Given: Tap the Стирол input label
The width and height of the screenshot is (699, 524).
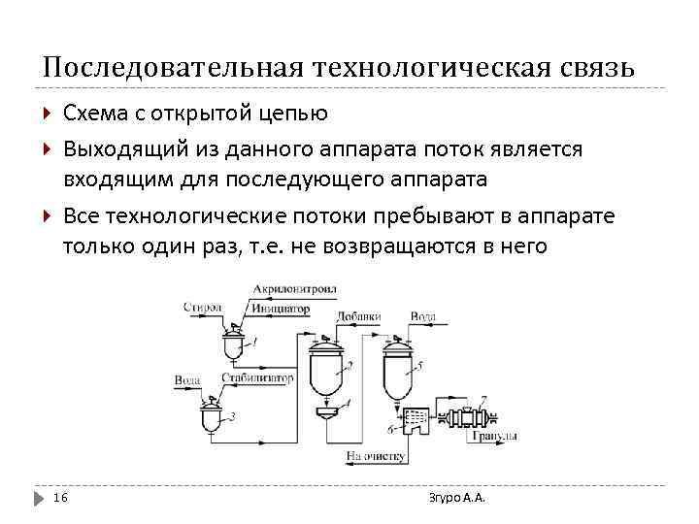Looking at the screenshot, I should [201, 307].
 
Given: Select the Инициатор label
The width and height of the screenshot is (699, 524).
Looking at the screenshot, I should [280, 309].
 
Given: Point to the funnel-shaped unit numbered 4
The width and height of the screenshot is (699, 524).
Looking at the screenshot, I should [327, 413].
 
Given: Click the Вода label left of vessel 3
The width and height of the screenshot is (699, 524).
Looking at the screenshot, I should [187, 378].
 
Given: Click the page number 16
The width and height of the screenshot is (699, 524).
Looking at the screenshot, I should [60, 498].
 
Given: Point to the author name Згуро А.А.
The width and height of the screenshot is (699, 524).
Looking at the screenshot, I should [456, 498].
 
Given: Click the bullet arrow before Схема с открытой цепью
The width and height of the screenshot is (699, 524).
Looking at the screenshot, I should [48, 114].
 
